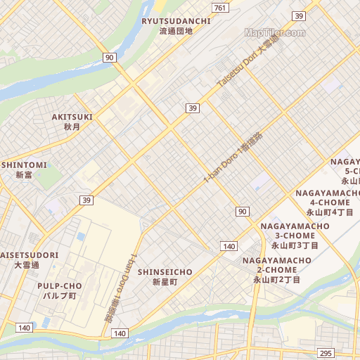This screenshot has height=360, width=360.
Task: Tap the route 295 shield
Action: [326, 353]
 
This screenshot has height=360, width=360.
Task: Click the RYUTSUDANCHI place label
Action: [176, 21]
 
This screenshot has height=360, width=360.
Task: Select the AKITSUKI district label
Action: [72, 117]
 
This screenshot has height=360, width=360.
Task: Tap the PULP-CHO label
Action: [60, 286]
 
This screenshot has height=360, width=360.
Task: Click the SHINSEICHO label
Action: [165, 271]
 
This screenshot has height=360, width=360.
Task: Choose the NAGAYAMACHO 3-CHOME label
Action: [295, 231]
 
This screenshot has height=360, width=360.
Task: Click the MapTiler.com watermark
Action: [275, 32]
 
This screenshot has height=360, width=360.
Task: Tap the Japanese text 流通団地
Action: [176, 32]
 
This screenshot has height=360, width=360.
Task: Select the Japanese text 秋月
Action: [72, 127]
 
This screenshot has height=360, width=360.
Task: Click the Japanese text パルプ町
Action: [60, 296]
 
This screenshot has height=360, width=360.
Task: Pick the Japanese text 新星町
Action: [165, 282]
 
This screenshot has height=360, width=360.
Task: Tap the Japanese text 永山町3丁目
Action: [295, 245]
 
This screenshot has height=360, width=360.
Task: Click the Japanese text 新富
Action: [24, 175]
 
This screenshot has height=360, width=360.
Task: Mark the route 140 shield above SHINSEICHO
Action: [229, 246]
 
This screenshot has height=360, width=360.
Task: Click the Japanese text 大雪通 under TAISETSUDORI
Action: [27, 265]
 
